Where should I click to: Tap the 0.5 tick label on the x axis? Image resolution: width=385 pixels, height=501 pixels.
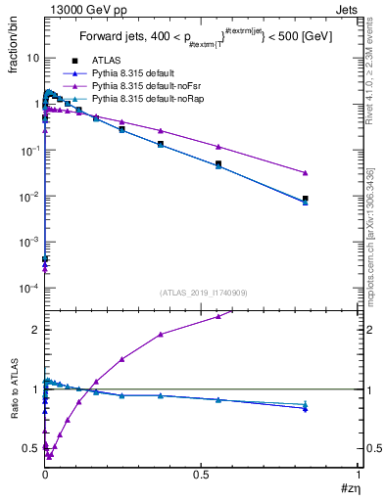[x=202, y=475]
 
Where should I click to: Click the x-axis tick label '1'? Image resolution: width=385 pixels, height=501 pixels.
[x=359, y=475]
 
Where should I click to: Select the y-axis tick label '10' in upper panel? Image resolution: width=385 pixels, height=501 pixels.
[x=31, y=58]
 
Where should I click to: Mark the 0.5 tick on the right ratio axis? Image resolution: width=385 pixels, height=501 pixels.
[x=372, y=448]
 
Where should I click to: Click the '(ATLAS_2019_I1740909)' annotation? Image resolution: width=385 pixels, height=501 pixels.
[x=202, y=293]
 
